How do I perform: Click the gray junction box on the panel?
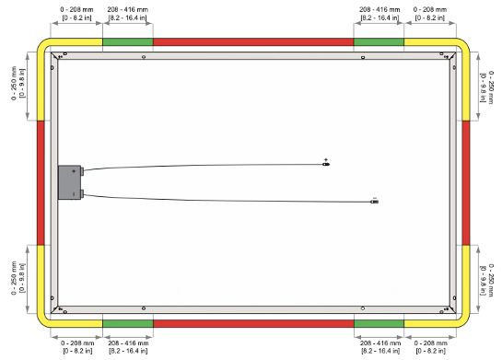(x=69, y=182)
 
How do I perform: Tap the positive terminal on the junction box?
(x=82, y=171)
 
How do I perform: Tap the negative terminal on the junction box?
(x=82, y=193)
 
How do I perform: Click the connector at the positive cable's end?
(x=326, y=165)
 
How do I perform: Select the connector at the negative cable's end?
(x=374, y=202)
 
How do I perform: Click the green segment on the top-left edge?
(x=128, y=42)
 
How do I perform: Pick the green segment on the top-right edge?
(x=379, y=42)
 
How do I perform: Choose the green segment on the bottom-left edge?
(x=128, y=323)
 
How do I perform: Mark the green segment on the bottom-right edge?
(x=379, y=323)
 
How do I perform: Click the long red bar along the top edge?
(x=253, y=42)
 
